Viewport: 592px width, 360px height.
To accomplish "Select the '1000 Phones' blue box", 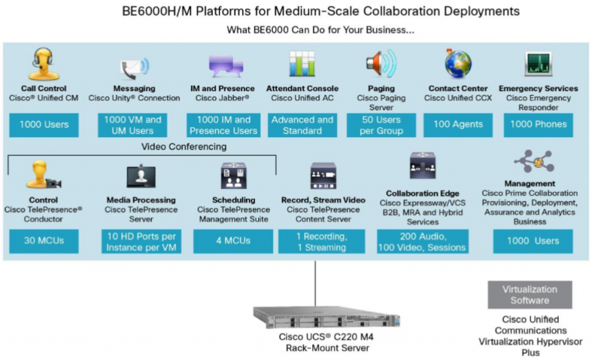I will (x=539, y=125).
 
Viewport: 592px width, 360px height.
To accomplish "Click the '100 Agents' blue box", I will (x=457, y=125).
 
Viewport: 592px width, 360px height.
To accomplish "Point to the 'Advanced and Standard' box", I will (x=302, y=125).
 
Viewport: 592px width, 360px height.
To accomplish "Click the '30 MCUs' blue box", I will (x=44, y=241).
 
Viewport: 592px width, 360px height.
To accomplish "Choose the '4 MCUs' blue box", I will (x=233, y=241).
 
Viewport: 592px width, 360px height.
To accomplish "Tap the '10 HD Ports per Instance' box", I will (x=140, y=241).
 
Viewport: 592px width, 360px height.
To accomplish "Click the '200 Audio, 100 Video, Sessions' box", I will (x=422, y=241).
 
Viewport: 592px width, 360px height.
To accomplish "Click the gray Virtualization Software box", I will (x=530, y=294).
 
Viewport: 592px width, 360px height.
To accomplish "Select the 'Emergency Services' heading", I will (x=538, y=89).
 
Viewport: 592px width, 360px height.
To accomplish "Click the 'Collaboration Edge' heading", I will (x=422, y=193).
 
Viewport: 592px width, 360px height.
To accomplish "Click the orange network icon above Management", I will (x=533, y=163).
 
